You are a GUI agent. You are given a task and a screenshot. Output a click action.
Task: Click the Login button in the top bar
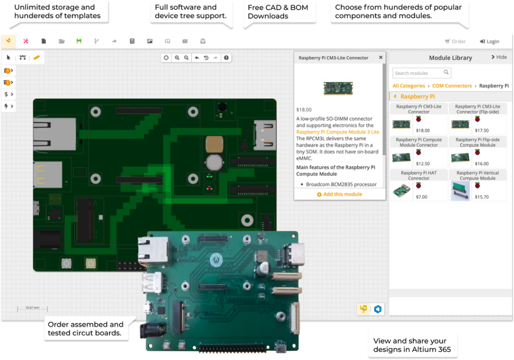pyautogui.click(x=489, y=42)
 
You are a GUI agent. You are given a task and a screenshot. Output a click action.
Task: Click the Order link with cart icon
pyautogui.click(x=455, y=42)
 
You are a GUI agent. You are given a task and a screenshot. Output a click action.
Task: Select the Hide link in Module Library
pyautogui.click(x=499, y=57)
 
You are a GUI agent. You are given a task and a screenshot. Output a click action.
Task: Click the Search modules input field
pyautogui.click(x=418, y=73)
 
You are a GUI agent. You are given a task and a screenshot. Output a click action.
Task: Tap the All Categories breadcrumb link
pyautogui.click(x=409, y=86)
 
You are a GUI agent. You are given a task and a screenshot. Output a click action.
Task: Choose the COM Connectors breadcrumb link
pyautogui.click(x=452, y=86)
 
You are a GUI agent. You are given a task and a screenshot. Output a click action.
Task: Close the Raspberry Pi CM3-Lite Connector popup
pyautogui.click(x=380, y=57)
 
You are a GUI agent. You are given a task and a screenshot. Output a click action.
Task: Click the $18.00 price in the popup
pyautogui.click(x=304, y=109)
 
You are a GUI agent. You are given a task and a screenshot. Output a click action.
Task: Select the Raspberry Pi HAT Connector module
pyautogui.click(x=419, y=175)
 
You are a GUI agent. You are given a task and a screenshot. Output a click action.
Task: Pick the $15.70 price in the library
pyautogui.click(x=481, y=197)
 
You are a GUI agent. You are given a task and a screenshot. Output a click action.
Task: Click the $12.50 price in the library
pyautogui.click(x=423, y=164)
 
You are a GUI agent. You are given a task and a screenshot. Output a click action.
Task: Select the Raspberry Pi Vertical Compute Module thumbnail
pyautogui.click(x=460, y=191)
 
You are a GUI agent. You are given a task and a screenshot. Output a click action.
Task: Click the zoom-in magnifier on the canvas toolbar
pyautogui.click(x=177, y=58)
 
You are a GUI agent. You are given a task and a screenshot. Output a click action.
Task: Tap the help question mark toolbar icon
pyautogui.click(x=226, y=58)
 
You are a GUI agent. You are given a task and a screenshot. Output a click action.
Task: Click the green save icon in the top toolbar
pyautogui.click(x=78, y=41)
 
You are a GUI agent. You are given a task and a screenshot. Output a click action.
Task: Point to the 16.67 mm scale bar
pyautogui.click(x=32, y=308)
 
